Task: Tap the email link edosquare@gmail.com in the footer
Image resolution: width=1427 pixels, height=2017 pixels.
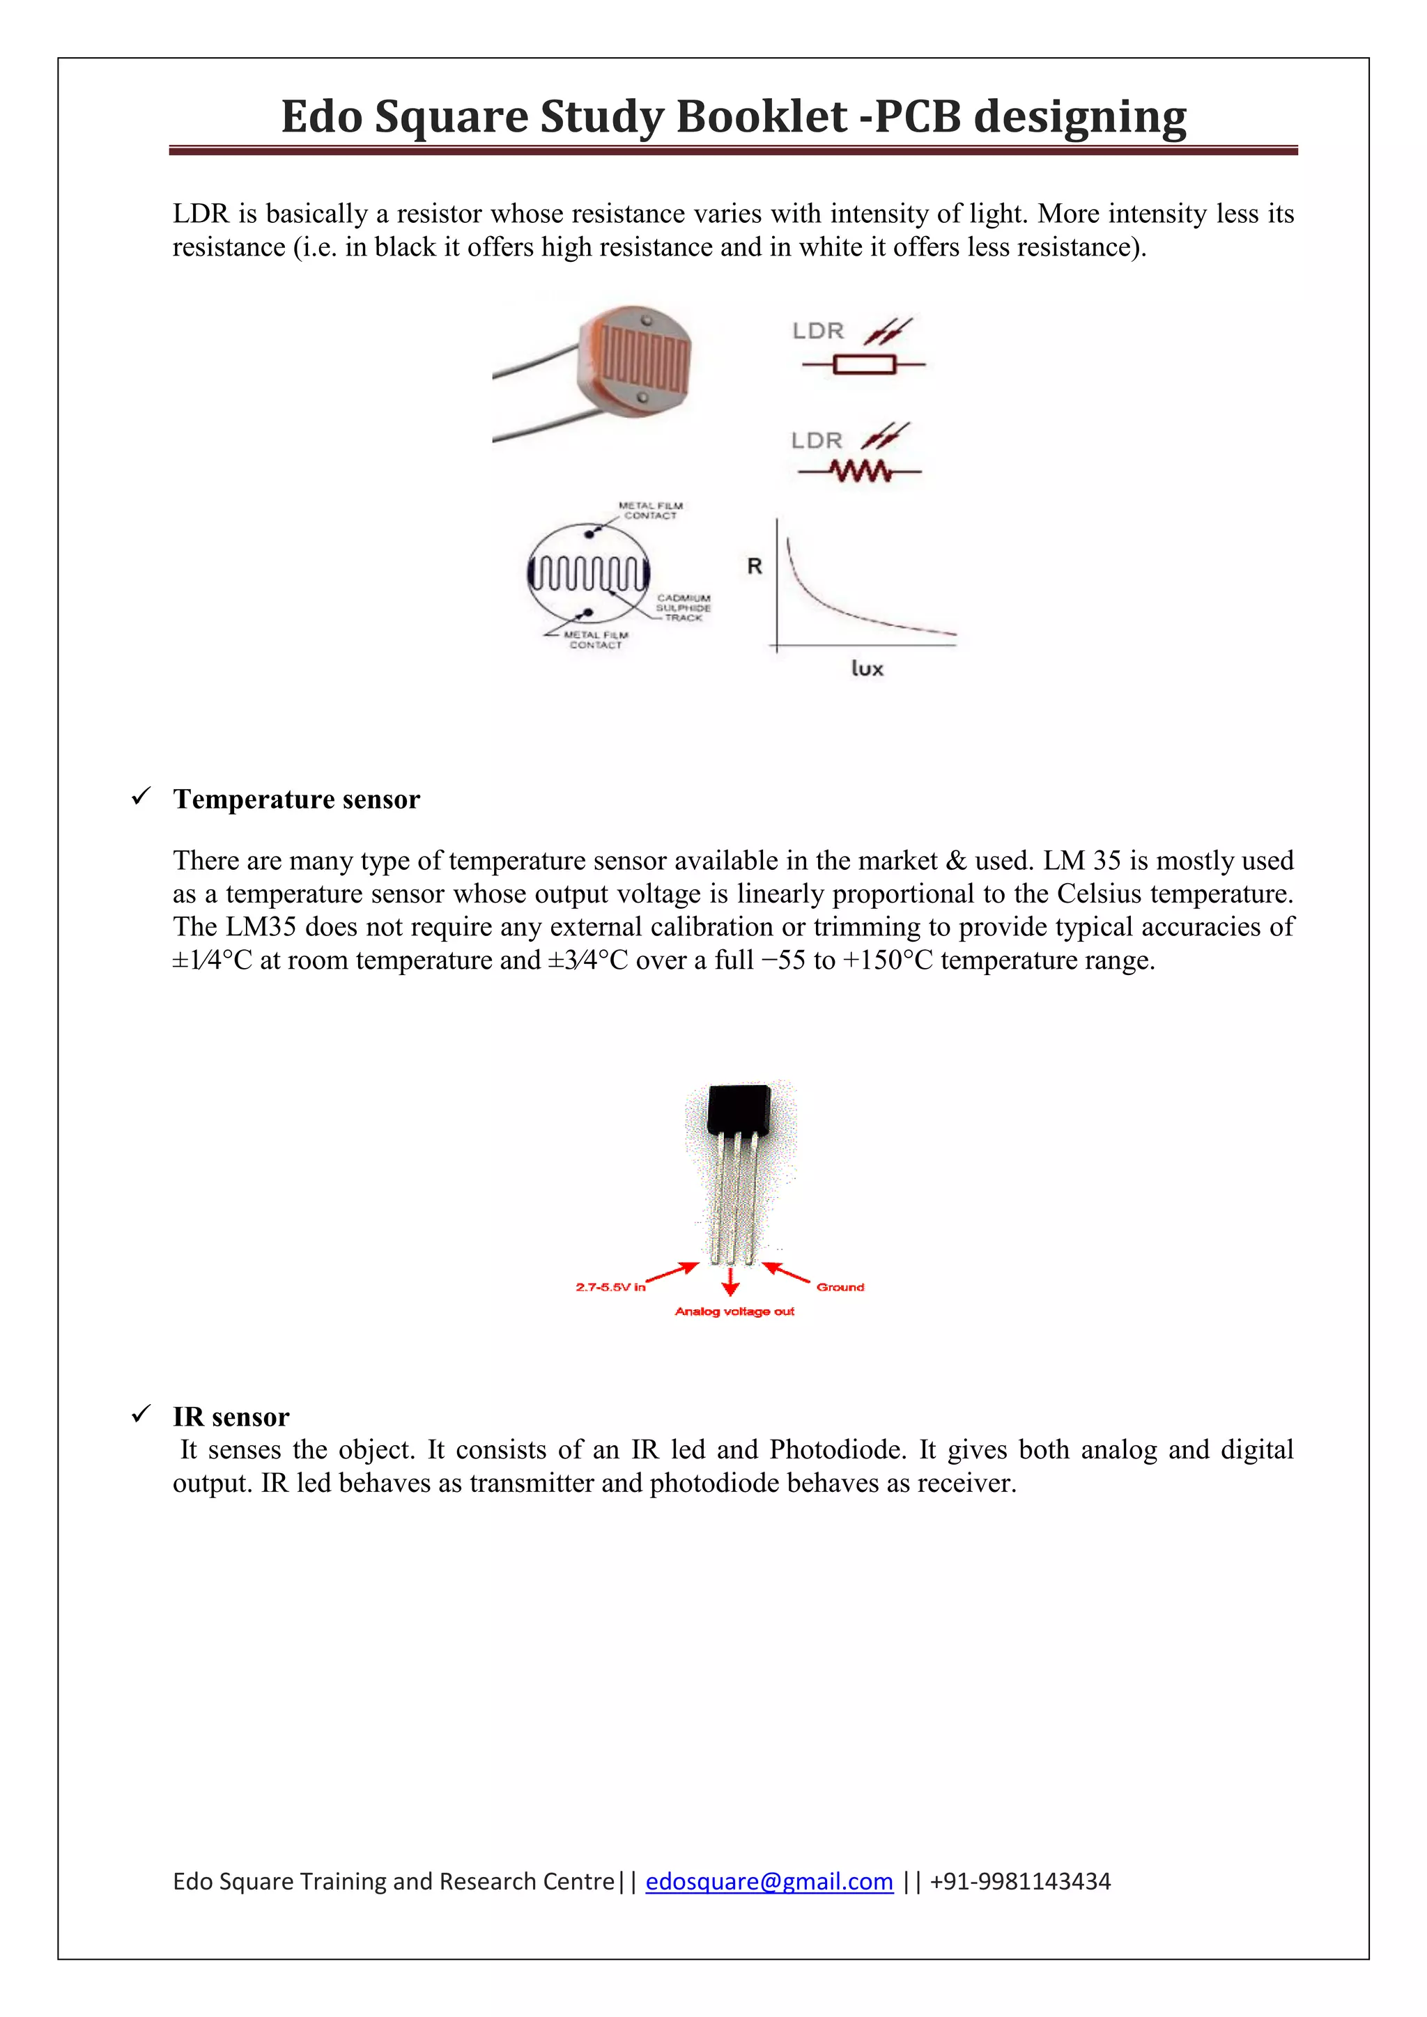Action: tap(769, 1880)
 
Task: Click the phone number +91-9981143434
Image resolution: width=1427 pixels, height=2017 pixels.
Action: tap(1019, 1880)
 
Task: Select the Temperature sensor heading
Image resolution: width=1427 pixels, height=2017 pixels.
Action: tap(296, 800)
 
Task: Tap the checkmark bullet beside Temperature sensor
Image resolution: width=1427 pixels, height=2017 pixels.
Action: tap(141, 797)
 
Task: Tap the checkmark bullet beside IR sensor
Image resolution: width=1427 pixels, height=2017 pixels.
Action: tap(141, 1415)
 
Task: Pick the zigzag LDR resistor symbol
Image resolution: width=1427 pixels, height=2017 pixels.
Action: tap(859, 473)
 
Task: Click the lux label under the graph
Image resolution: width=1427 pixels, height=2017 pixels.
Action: tap(866, 669)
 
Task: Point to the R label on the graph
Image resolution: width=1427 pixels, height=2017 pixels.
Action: tap(754, 567)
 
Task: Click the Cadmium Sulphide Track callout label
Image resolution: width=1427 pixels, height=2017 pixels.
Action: tap(683, 608)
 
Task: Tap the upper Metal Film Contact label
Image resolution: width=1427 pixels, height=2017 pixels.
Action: tap(650, 511)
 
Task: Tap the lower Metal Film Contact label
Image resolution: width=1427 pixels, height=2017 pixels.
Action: tap(596, 639)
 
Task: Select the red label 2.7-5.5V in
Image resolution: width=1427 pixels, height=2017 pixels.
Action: tap(610, 1287)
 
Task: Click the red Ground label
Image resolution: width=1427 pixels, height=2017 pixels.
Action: tap(840, 1287)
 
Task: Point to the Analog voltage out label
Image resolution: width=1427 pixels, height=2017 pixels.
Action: tap(734, 1311)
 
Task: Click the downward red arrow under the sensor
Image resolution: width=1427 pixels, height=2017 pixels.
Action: tap(730, 1283)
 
